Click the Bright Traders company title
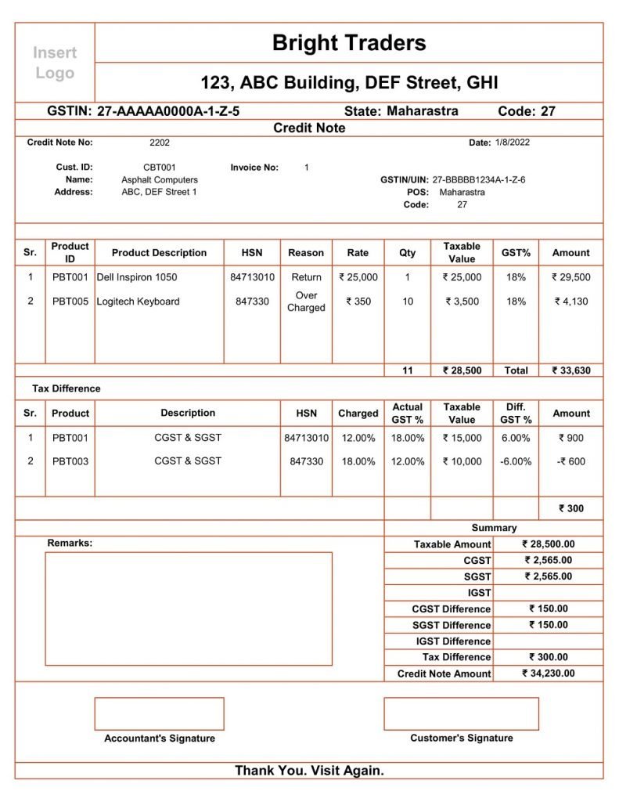click(349, 43)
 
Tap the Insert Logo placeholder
click(55, 63)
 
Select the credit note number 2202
click(160, 143)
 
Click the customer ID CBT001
click(160, 168)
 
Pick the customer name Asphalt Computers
click(160, 180)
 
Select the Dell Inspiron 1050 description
click(137, 277)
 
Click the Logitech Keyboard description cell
click(139, 302)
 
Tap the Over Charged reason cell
click(306, 302)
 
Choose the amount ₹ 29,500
click(571, 277)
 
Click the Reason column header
click(306, 253)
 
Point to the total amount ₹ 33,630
click(571, 370)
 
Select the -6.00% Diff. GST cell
click(516, 461)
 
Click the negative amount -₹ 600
click(571, 461)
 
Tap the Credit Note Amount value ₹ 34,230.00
click(549, 674)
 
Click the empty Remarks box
click(189, 609)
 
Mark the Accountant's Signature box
click(159, 713)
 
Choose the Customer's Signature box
click(461, 713)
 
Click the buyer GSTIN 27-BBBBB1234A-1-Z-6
click(479, 180)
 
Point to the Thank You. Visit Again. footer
click(309, 771)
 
